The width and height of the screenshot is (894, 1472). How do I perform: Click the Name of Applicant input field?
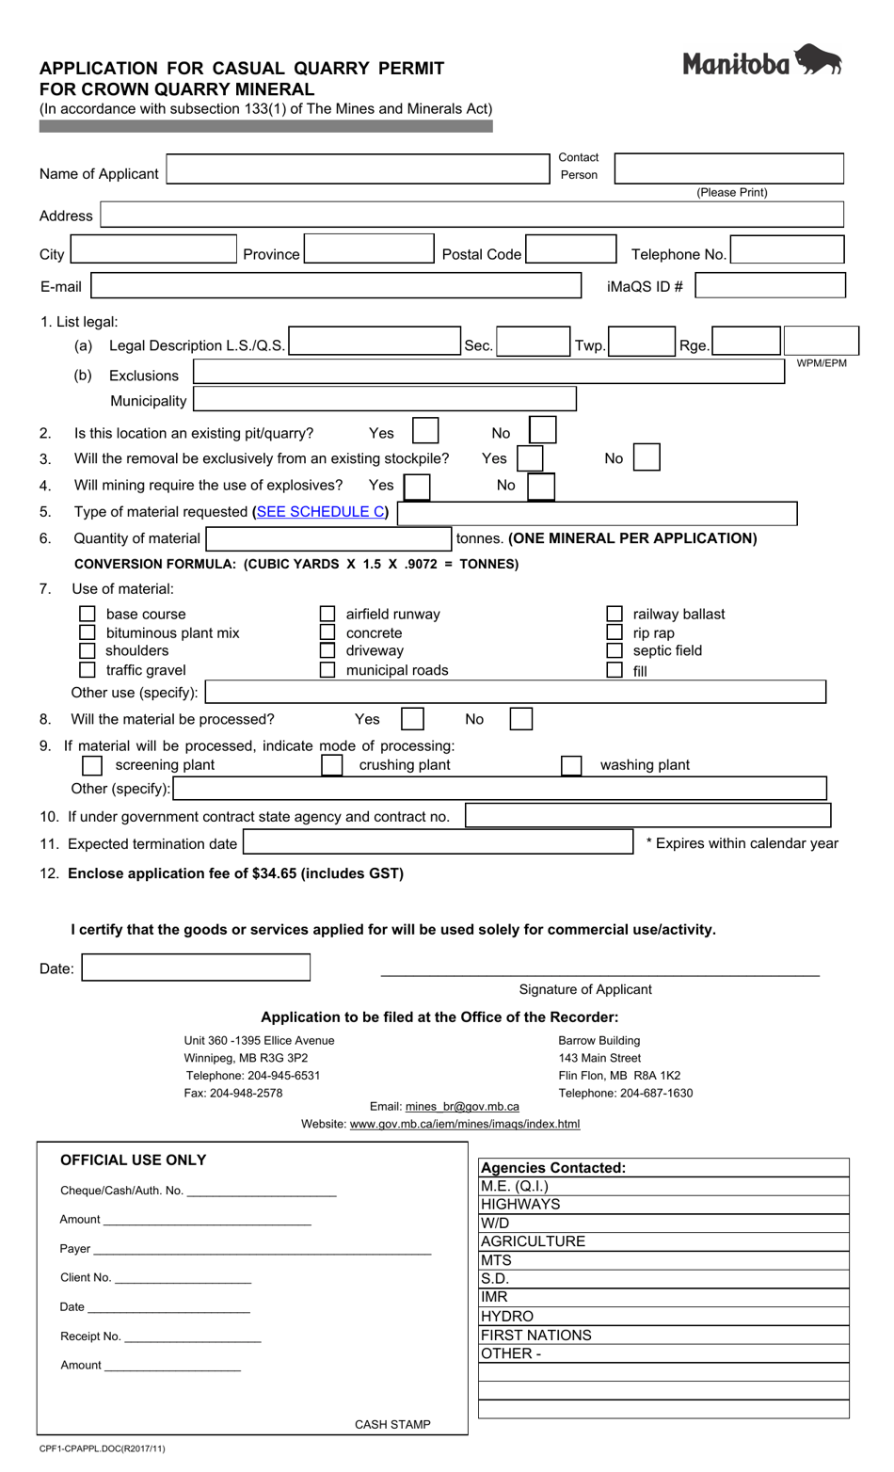(x=358, y=169)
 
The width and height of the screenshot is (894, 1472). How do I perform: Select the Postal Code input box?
(x=570, y=250)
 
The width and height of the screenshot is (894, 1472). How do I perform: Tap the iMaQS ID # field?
(x=770, y=285)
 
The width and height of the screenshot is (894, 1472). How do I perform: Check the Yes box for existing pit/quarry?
(x=425, y=431)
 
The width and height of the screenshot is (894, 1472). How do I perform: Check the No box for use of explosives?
(x=541, y=486)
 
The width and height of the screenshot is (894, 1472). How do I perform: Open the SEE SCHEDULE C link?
(x=320, y=512)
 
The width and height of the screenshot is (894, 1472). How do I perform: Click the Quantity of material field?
(x=328, y=539)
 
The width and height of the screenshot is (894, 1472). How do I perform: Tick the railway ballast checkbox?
(x=615, y=614)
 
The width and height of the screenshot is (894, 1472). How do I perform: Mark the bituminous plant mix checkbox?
(x=88, y=632)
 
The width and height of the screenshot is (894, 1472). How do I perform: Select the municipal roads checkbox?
(x=327, y=670)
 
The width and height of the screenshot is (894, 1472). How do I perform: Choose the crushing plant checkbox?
(x=332, y=764)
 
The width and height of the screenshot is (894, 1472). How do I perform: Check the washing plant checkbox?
(x=571, y=764)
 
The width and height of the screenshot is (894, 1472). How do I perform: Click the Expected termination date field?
(x=439, y=841)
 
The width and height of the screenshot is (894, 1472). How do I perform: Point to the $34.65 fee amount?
(x=276, y=873)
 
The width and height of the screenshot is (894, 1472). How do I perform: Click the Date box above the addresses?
(x=196, y=968)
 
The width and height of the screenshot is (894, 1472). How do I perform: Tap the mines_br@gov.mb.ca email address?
(x=462, y=1107)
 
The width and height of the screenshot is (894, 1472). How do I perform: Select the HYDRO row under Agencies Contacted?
(x=663, y=1317)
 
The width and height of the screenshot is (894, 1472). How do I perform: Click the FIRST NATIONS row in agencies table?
(x=663, y=1336)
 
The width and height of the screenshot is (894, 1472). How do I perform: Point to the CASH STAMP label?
(x=392, y=1424)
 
